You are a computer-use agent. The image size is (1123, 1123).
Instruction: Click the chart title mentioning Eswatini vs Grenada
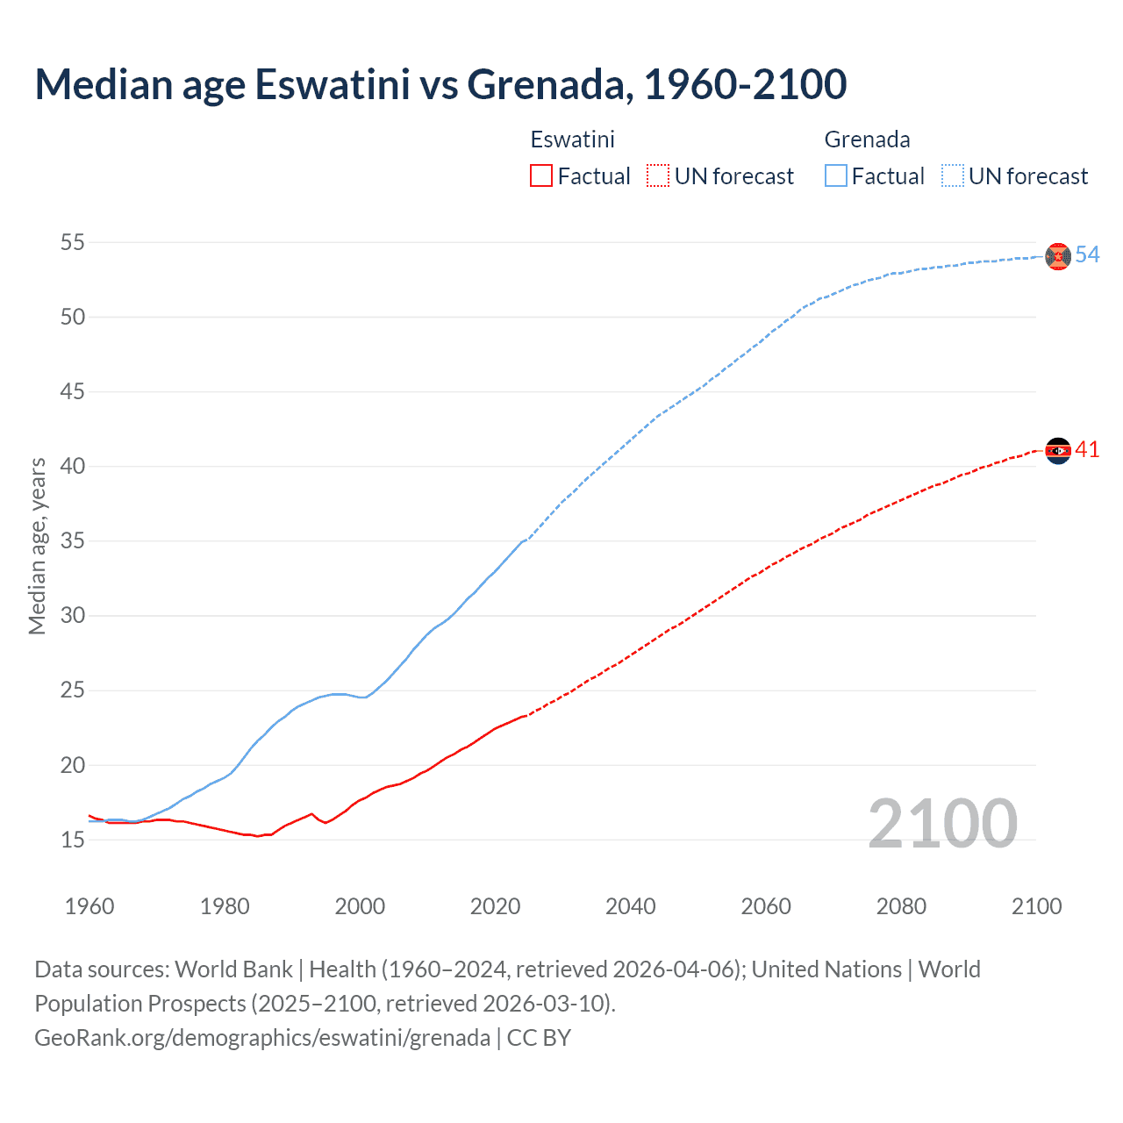(440, 84)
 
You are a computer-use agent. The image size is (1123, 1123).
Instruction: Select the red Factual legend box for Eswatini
(541, 176)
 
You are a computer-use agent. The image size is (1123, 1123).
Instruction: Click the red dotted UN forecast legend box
(658, 176)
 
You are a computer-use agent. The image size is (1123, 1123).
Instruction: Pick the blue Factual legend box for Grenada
(836, 176)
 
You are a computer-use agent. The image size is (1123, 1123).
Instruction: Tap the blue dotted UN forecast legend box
(953, 176)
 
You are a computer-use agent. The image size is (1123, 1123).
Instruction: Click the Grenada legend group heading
(867, 139)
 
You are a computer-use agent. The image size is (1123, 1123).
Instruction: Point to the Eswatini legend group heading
(572, 139)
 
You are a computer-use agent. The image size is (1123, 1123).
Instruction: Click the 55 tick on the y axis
(73, 242)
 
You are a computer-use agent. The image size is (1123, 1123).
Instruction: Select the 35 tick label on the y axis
(73, 540)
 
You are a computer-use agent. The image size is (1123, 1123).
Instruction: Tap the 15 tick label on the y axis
(73, 840)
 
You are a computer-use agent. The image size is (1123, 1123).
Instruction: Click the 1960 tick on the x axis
(89, 906)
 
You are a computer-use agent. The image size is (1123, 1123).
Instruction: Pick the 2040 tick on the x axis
(630, 906)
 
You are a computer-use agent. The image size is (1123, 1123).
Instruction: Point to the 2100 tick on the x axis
(1036, 906)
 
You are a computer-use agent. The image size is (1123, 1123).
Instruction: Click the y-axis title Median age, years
(37, 546)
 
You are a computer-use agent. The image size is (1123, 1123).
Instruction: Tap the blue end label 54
(1087, 254)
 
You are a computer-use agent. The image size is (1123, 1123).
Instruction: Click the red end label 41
(1087, 449)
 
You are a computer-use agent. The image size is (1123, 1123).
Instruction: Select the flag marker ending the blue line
(1058, 256)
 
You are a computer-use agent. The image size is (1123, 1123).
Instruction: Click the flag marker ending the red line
(1058, 451)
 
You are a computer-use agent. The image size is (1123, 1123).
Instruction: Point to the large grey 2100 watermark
(942, 824)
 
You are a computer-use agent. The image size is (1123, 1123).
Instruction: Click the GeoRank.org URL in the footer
(262, 1038)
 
